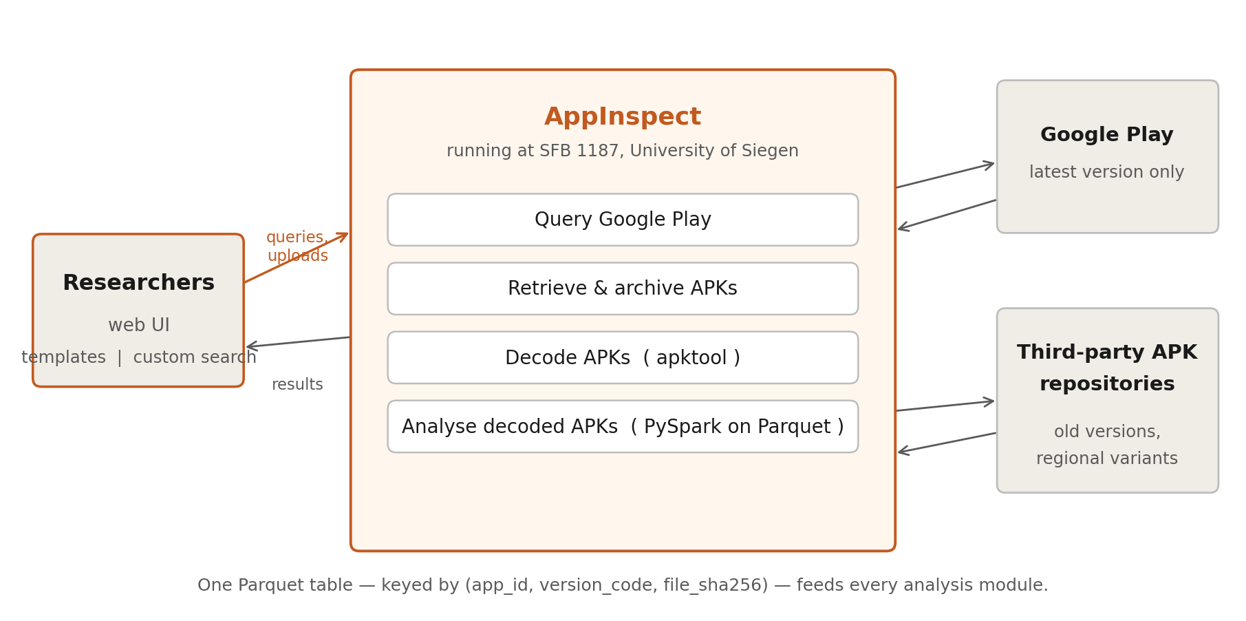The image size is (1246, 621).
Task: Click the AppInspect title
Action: [x=623, y=117]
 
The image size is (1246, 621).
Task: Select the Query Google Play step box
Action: [x=623, y=220]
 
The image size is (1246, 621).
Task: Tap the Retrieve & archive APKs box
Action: [x=623, y=288]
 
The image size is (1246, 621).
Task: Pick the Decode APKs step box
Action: [x=623, y=358]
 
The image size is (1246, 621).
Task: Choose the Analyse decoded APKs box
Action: [x=623, y=427]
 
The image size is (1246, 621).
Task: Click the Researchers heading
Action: [x=138, y=283]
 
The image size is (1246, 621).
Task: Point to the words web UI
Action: [x=138, y=326]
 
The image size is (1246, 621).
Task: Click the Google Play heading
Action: [x=1106, y=135]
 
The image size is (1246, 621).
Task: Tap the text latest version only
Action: [x=1106, y=173]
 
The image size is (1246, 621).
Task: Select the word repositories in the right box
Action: [x=1106, y=384]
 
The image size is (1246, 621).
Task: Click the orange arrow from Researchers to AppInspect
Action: [x=296, y=258]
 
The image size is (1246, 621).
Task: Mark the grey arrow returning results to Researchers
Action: [x=298, y=342]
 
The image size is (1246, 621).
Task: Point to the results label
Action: [x=297, y=385]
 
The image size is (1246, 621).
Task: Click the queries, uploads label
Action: [x=297, y=246]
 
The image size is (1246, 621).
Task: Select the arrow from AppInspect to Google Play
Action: [x=945, y=175]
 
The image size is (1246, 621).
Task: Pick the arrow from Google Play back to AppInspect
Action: [x=947, y=215]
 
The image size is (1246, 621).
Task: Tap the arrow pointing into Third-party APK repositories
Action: [x=945, y=406]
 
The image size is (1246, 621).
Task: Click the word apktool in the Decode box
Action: [x=691, y=358]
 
